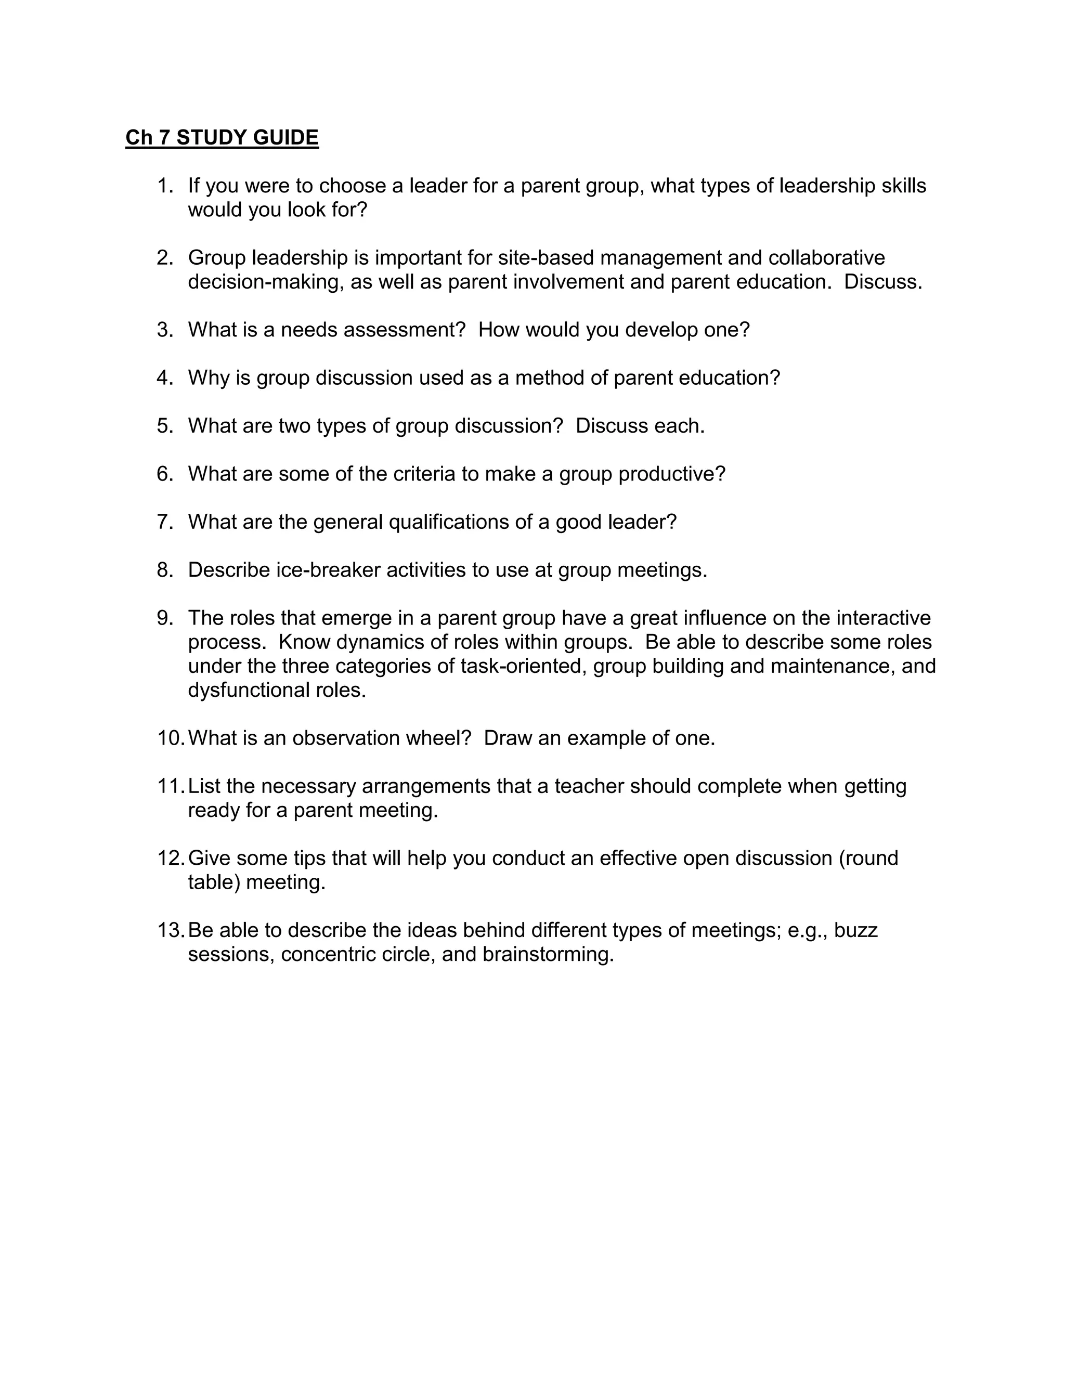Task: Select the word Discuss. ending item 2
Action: (882, 281)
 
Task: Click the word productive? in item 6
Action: (672, 473)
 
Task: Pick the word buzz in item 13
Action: (856, 930)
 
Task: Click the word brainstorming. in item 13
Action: (548, 954)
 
